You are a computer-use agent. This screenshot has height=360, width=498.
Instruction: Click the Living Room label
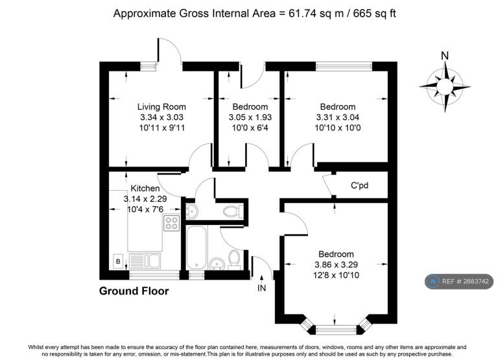[x=161, y=107]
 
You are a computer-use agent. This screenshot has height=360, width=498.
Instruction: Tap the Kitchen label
[x=145, y=188]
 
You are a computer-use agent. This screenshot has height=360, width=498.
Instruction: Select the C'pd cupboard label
[x=359, y=185]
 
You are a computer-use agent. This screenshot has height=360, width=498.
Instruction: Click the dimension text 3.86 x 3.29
[x=336, y=265]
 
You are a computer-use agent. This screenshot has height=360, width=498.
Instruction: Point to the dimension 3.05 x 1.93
[x=250, y=117]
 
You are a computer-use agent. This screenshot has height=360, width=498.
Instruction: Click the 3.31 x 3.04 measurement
[x=338, y=117]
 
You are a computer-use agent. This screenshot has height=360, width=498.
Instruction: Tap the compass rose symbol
[x=445, y=86]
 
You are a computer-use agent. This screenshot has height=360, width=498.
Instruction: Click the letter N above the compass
[x=445, y=56]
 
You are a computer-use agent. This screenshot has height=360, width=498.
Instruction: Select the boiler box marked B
[x=118, y=261]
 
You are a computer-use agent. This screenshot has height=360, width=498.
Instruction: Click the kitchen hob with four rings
[x=171, y=222]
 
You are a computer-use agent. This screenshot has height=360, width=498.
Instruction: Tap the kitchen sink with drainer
[x=145, y=261]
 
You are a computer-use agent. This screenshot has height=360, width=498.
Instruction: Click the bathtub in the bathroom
[x=196, y=248]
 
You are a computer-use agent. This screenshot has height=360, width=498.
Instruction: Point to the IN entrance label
[x=262, y=288]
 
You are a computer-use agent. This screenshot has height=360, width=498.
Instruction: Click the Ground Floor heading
[x=134, y=291]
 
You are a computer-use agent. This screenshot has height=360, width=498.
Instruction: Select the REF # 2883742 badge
[x=459, y=282]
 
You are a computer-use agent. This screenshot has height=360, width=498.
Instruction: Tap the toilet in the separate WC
[x=233, y=211]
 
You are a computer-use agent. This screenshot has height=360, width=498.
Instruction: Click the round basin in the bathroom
[x=217, y=263]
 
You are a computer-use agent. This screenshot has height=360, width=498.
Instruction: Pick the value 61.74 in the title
[x=301, y=14]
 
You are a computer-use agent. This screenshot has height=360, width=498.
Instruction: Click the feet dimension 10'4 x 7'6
[x=145, y=210]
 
